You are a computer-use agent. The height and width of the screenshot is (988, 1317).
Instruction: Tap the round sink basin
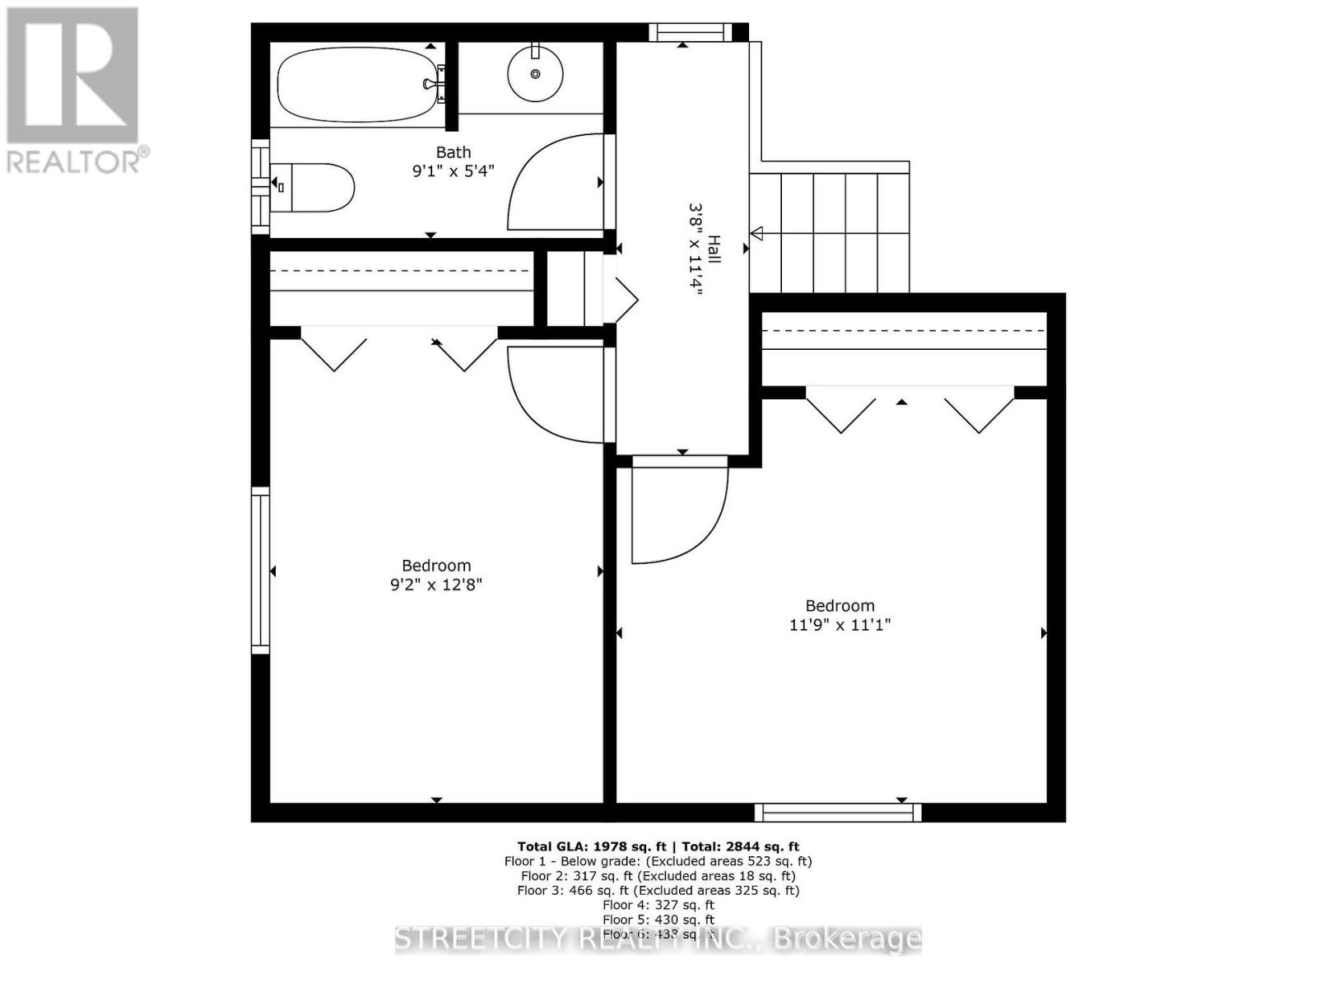pos(535,74)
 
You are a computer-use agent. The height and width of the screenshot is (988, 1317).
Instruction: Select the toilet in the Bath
pos(313,188)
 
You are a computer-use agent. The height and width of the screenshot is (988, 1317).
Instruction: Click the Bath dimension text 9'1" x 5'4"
pos(453,171)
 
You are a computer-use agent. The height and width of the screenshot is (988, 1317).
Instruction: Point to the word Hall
pos(714,249)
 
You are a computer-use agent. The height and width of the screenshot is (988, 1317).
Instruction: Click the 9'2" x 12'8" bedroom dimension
pos(435,585)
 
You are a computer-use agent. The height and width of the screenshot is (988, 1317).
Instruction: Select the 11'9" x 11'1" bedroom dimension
pos(840,624)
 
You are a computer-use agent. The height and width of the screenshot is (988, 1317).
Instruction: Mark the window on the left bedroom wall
pos(260,570)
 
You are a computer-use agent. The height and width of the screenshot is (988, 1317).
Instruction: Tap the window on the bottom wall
pos(838,813)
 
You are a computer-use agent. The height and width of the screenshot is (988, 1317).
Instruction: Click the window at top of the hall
pos(690,32)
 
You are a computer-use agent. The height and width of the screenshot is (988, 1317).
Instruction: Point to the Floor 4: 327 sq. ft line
pos(658,905)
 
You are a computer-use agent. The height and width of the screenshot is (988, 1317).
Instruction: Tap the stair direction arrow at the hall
pos(756,233)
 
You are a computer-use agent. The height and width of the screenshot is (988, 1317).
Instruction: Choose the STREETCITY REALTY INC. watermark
pos(658,939)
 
